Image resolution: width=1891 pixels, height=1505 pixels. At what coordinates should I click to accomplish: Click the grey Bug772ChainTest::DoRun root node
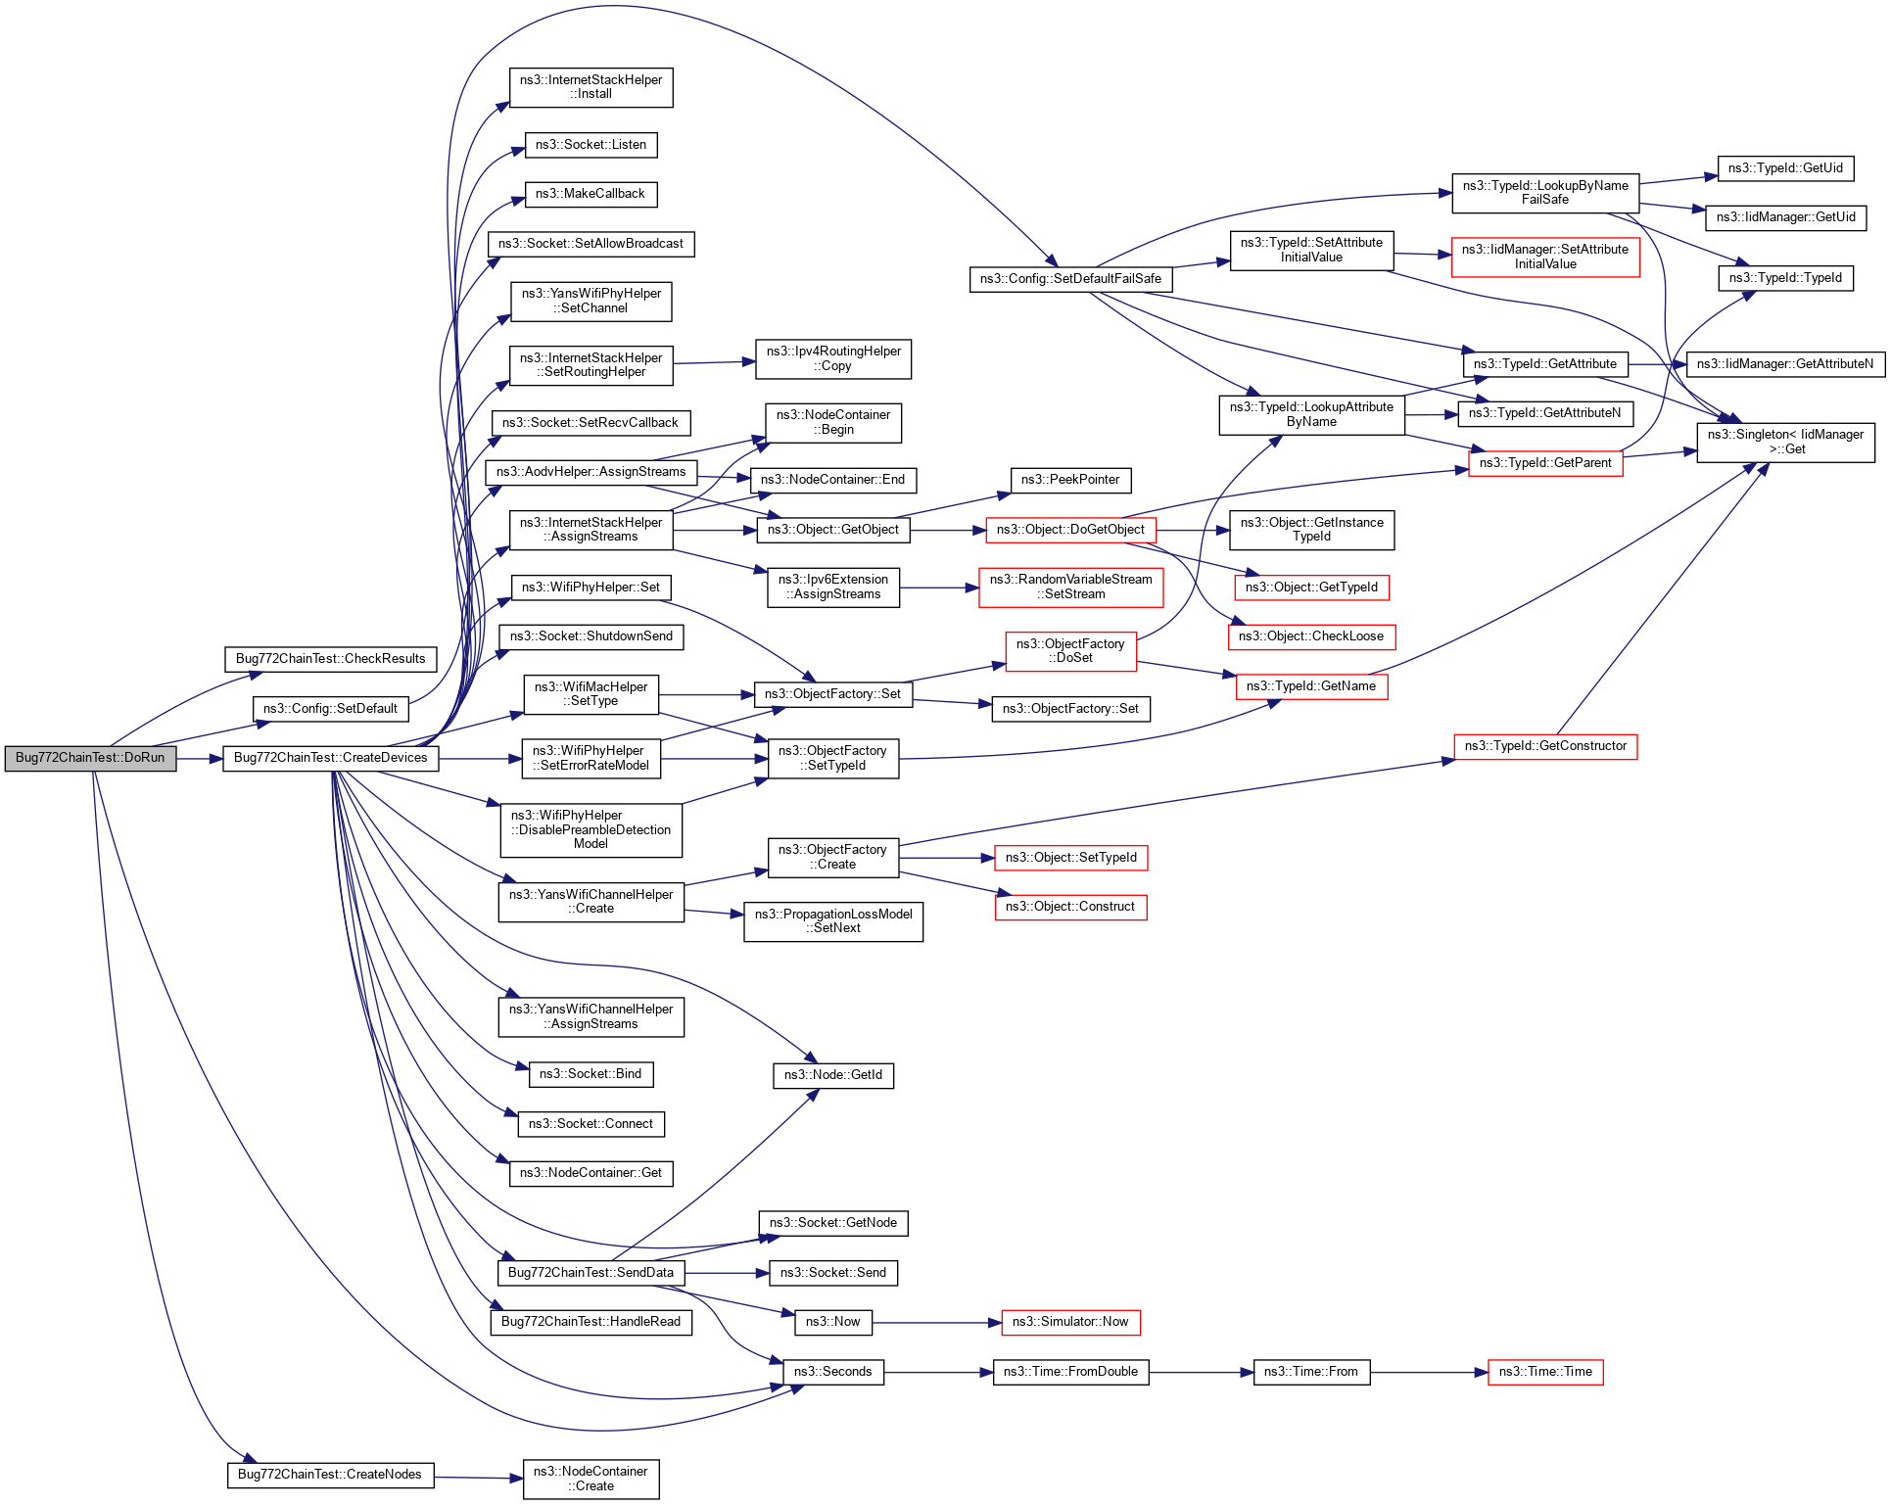click(x=90, y=758)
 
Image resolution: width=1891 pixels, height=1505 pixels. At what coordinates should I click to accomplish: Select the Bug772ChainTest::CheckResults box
click(x=330, y=659)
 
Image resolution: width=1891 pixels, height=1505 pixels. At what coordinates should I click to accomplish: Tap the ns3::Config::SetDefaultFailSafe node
click(x=1070, y=279)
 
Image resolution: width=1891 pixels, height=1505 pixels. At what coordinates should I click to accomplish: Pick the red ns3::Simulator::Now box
click(x=1070, y=1322)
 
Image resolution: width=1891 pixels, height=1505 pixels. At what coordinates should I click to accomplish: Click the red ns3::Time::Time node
click(x=1545, y=1372)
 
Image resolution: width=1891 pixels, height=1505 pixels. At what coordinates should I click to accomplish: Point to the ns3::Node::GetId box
click(x=832, y=1075)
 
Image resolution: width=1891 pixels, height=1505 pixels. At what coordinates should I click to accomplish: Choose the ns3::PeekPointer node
click(x=1070, y=480)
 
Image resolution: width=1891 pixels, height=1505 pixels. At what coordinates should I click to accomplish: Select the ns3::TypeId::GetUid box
click(x=1785, y=168)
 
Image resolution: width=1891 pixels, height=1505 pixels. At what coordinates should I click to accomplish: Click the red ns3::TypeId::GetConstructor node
click(x=1545, y=746)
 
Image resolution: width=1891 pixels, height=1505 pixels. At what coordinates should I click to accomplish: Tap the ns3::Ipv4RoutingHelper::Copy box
click(x=833, y=359)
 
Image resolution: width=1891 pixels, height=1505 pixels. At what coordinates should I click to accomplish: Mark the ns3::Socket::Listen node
click(x=591, y=145)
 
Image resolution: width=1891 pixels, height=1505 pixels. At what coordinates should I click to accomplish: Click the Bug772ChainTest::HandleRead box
click(x=591, y=1322)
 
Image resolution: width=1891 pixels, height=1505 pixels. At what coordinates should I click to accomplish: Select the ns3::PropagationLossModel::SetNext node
click(x=833, y=921)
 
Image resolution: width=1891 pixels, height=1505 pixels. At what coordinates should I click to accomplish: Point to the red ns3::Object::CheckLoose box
click(x=1311, y=636)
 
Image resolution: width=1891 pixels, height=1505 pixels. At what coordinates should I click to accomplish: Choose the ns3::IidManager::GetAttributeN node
click(x=1785, y=364)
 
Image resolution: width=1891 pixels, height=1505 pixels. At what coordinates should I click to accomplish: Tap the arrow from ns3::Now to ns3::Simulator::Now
click(x=936, y=1323)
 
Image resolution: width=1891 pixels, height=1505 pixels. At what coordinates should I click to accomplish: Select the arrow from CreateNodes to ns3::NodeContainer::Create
click(x=479, y=1478)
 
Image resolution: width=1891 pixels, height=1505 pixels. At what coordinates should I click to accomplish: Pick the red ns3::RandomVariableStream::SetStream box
click(x=1071, y=588)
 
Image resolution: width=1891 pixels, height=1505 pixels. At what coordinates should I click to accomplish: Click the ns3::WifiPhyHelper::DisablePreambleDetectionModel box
click(x=591, y=829)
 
